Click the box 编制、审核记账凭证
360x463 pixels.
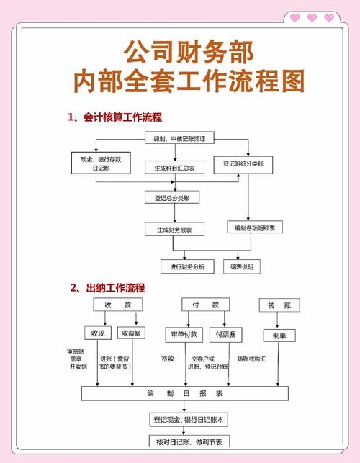179,138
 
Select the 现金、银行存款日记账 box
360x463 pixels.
101,163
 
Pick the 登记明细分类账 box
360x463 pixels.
248,163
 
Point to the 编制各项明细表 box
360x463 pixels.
256,228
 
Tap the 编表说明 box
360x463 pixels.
242,266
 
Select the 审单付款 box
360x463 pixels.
181,334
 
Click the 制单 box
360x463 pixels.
279,336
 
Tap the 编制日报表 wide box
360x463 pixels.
184,394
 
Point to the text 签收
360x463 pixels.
168,358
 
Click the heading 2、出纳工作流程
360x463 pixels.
107,287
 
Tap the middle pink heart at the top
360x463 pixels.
312,17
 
